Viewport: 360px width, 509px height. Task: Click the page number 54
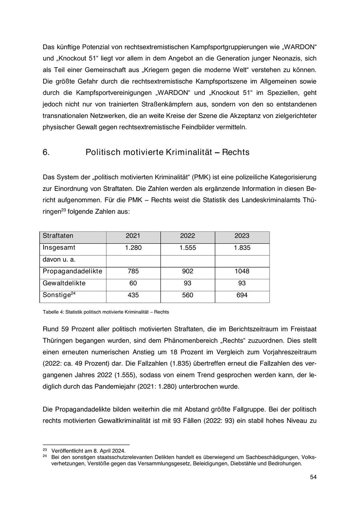click(313, 477)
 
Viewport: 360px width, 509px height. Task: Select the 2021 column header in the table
click(133, 236)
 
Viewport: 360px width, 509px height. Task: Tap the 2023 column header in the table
click(242, 236)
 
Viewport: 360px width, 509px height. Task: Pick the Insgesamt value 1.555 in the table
click(188, 248)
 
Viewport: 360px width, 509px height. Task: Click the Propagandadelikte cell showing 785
click(133, 271)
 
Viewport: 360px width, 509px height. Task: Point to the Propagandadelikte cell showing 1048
click(242, 271)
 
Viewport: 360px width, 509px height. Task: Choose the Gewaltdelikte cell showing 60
click(133, 283)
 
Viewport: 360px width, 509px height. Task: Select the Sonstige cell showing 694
click(242, 295)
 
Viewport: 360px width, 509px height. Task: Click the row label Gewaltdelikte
click(64, 283)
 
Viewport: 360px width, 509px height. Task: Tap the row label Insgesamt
click(59, 248)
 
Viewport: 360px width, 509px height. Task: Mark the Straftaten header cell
click(58, 236)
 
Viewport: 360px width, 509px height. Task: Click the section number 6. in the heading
click(46, 152)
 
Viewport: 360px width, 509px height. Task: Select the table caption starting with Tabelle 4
click(106, 312)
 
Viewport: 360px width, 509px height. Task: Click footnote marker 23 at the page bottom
click(45, 450)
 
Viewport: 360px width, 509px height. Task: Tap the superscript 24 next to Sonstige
click(73, 294)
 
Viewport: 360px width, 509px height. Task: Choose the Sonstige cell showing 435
click(133, 295)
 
